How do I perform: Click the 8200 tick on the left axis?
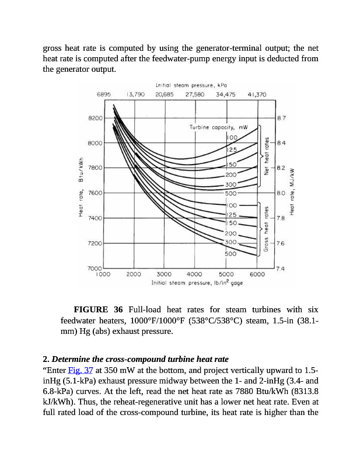(95, 118)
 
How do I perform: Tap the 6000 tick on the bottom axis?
(257, 273)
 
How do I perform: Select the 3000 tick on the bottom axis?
(164, 273)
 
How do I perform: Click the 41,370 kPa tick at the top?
(257, 93)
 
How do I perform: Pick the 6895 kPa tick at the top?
(104, 93)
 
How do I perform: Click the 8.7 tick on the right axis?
(281, 119)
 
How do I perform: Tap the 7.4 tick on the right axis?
(281, 268)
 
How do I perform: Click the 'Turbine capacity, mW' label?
(219, 127)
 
